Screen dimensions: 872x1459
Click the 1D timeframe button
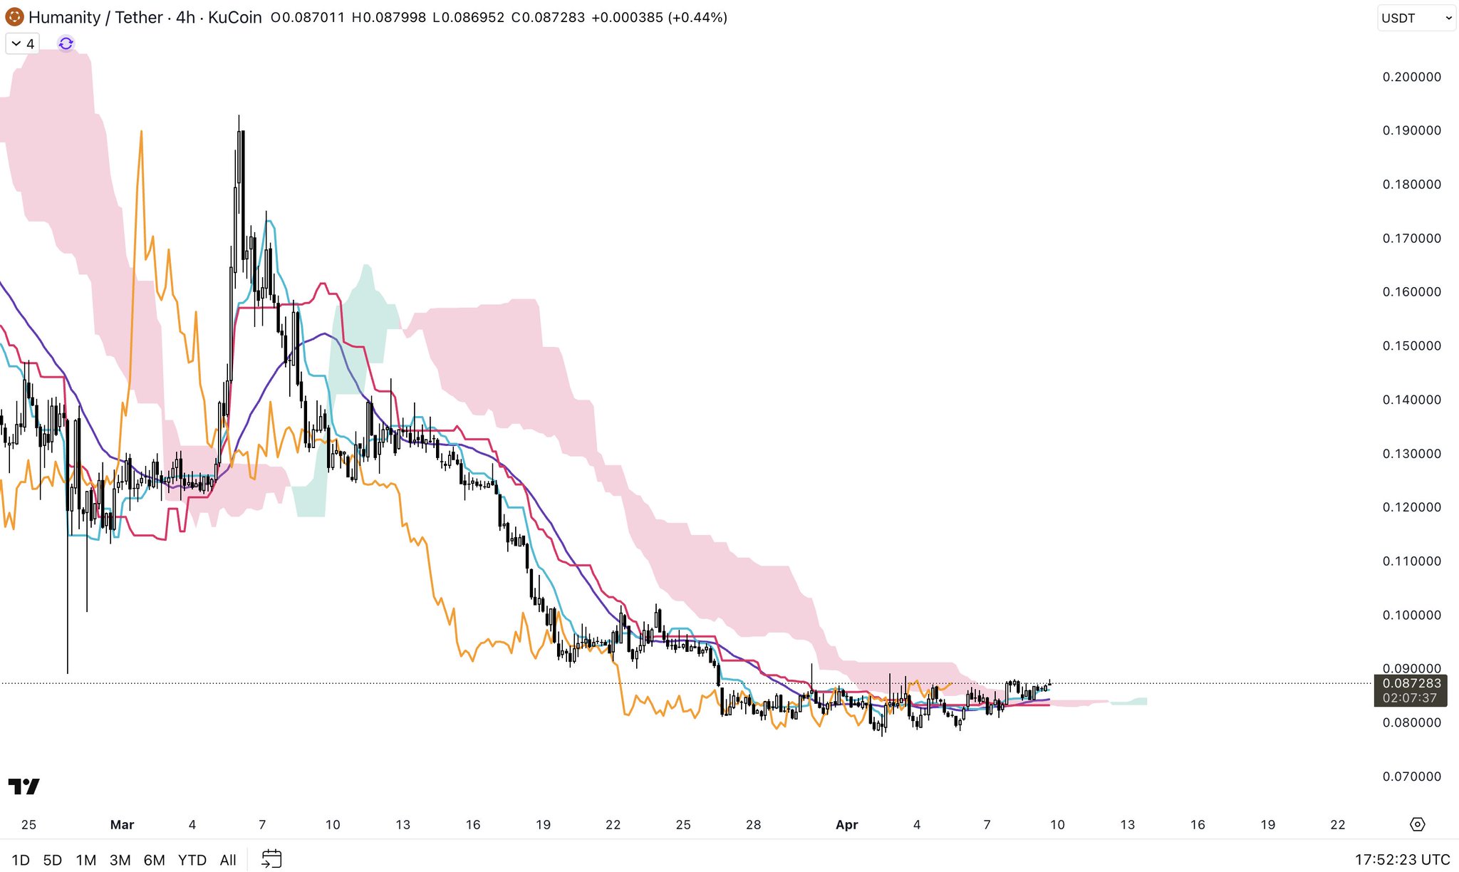tap(21, 860)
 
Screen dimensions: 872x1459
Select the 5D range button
tap(53, 860)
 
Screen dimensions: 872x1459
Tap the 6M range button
tap(154, 860)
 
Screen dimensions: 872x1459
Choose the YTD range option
tap(192, 860)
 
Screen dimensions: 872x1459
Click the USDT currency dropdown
tap(1416, 19)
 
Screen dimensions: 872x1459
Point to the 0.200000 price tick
tap(1411, 77)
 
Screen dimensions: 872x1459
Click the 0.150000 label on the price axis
tap(1411, 346)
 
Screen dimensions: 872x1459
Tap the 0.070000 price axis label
tap(1411, 777)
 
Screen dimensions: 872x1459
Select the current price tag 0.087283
tap(1411, 683)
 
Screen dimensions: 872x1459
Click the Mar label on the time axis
tap(122, 825)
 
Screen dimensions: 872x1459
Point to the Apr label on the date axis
tap(846, 825)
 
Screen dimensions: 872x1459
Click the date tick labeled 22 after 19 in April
tap(1337, 825)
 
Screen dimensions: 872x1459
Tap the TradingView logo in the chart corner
tap(24, 787)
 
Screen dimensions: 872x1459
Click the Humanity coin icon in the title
tap(14, 17)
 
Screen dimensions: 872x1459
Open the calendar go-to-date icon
tap(271, 859)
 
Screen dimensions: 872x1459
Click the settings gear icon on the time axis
tap(1417, 824)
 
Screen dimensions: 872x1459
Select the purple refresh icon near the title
tap(66, 43)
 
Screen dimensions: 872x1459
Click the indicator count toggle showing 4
tap(23, 43)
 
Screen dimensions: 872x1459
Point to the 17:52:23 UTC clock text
tap(1401, 860)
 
